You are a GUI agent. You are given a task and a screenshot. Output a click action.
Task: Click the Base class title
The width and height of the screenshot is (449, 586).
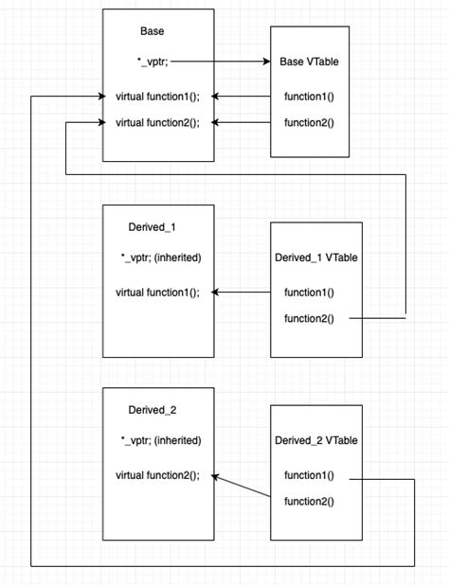(152, 31)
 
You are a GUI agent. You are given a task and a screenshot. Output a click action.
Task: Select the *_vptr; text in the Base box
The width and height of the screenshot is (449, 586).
(153, 62)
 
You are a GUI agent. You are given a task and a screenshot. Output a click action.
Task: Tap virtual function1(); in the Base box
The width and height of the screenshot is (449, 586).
(157, 97)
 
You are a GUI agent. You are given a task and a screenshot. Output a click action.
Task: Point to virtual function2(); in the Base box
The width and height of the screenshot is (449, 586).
(157, 122)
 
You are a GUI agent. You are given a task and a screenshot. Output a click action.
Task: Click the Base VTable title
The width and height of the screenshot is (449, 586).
(309, 62)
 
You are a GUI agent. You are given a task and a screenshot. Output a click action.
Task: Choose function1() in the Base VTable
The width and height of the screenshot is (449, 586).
(309, 97)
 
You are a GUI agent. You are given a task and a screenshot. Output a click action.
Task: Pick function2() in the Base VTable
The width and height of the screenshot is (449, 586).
(309, 122)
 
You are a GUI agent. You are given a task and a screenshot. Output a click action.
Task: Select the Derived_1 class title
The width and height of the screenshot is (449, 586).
(153, 227)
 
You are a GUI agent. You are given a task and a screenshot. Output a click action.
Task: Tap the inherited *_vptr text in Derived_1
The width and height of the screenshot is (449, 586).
(161, 257)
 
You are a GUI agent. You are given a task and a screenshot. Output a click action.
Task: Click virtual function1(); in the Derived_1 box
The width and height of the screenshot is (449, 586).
(157, 293)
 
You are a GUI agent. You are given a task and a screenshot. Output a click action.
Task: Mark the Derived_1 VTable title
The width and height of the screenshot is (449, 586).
(315, 257)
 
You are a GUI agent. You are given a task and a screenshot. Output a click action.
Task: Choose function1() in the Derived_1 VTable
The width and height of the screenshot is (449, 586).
(309, 293)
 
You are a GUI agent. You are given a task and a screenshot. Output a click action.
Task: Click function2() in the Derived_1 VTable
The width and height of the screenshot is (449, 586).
(309, 318)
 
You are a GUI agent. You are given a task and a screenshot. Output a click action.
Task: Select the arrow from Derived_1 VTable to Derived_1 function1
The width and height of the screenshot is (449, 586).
(242, 293)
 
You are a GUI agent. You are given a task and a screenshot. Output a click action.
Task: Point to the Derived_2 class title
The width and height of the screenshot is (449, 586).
(153, 410)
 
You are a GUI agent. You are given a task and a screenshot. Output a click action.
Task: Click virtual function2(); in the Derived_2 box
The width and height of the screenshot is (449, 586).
(157, 475)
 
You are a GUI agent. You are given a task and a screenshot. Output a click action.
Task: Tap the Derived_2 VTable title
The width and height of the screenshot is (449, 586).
(315, 440)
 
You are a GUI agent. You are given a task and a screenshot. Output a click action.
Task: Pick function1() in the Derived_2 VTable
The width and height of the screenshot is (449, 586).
(309, 476)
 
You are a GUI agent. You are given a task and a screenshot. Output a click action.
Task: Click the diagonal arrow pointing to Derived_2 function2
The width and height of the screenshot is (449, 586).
(242, 486)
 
